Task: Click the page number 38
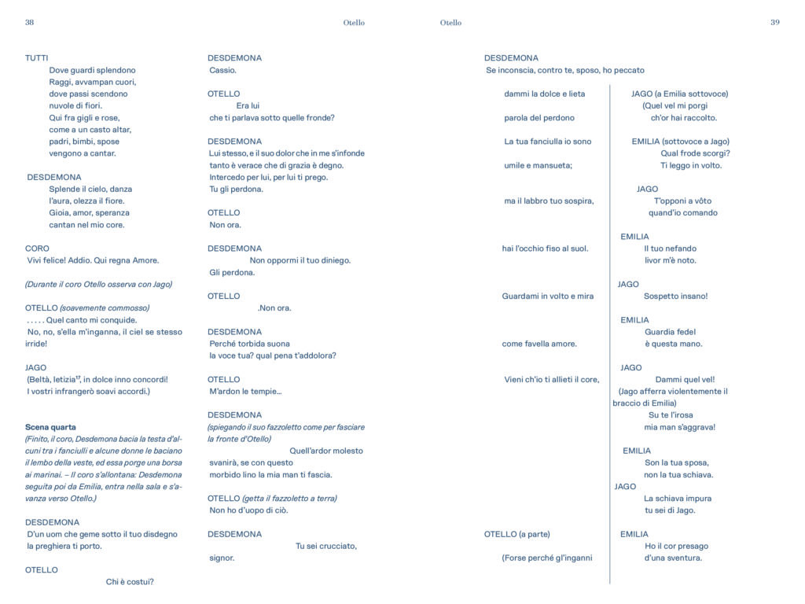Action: click(x=29, y=23)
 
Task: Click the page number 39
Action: click(x=774, y=23)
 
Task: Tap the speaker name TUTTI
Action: click(x=36, y=58)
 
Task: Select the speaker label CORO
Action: click(x=37, y=249)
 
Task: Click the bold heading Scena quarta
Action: click(x=50, y=427)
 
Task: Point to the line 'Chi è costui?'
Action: click(x=130, y=582)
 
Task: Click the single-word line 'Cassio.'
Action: click(x=222, y=70)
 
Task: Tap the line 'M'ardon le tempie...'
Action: click(x=245, y=391)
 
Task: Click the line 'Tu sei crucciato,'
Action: click(x=325, y=546)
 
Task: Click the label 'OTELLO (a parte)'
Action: click(x=516, y=535)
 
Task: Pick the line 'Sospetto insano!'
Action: click(x=675, y=296)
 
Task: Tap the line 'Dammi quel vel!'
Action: click(x=685, y=380)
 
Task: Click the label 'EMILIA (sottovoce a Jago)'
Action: click(x=680, y=142)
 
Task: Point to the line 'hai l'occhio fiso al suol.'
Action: click(x=545, y=249)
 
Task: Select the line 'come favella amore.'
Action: click(x=539, y=344)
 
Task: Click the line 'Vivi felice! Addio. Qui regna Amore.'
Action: click(x=93, y=260)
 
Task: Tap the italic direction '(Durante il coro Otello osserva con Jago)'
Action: click(x=98, y=284)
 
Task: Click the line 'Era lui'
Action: click(x=248, y=105)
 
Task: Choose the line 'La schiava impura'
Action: click(x=677, y=499)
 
